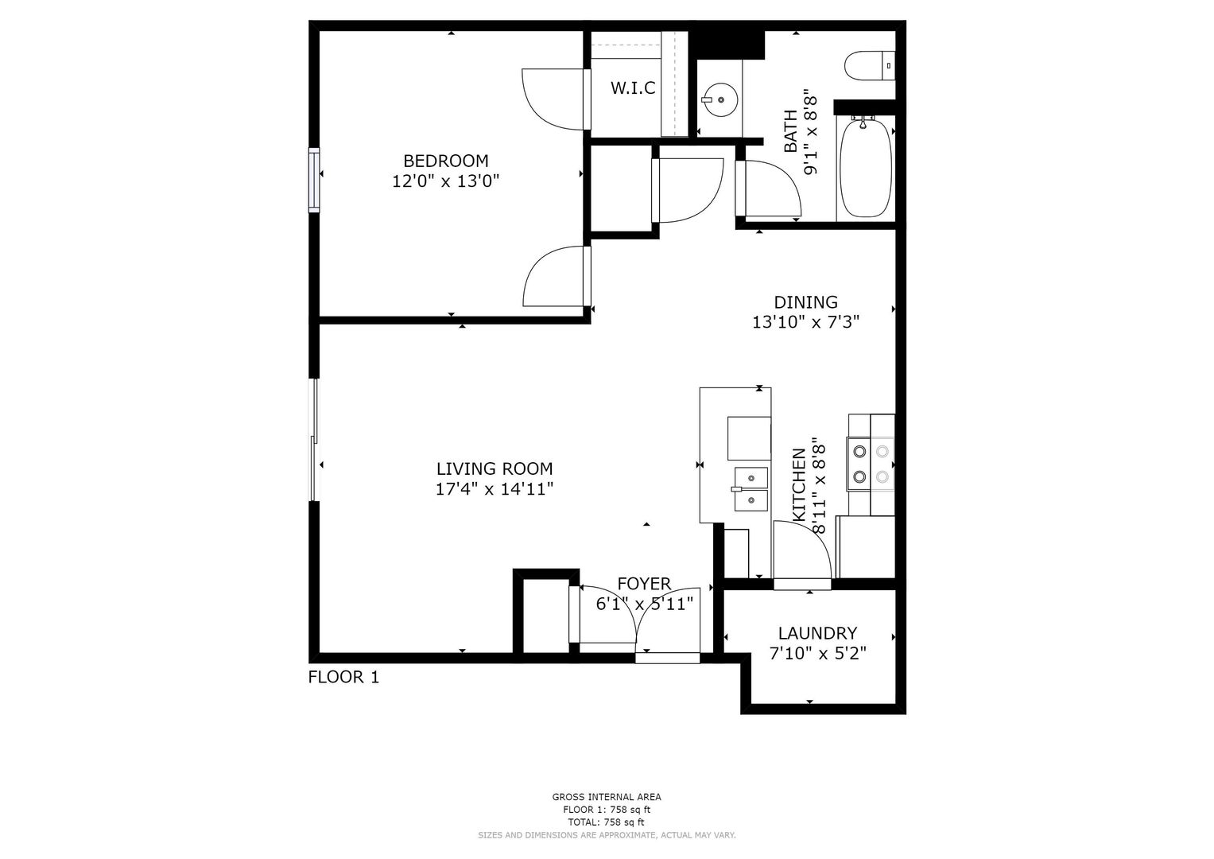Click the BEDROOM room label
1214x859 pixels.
445,161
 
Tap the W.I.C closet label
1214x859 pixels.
633,87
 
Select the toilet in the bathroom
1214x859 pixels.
870,66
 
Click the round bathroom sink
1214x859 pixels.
720,99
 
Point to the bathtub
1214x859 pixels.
866,168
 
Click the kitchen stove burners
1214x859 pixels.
871,464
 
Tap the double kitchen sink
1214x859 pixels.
751,489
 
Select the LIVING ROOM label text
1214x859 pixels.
495,468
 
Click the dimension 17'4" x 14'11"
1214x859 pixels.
495,489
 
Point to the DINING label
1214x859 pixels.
805,302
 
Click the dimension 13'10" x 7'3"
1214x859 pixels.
805,323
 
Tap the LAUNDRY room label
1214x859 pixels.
817,633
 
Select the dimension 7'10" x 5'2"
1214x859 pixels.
817,654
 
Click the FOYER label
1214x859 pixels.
644,584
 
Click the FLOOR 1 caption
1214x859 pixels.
343,677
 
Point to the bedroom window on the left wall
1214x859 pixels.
314,180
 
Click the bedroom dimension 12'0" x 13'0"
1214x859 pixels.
445,181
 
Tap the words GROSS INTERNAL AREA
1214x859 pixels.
607,797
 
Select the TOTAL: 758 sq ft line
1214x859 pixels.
607,822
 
